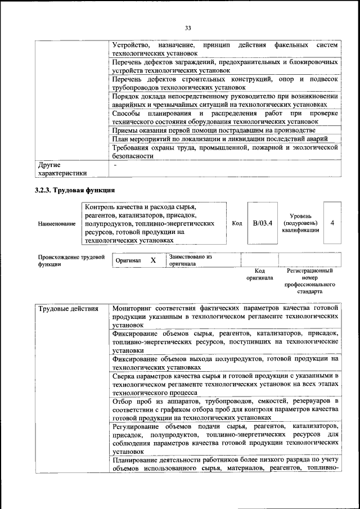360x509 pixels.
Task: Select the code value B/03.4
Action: point(263,223)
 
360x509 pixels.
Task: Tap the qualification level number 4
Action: point(332,223)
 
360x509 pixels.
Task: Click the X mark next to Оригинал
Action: point(152,260)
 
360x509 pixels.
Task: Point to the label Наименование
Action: point(57,224)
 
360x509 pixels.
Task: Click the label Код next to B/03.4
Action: point(237,223)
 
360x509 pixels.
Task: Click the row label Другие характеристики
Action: point(62,169)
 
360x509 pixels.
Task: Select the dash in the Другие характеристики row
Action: point(115,165)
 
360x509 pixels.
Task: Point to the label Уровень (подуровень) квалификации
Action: point(301,223)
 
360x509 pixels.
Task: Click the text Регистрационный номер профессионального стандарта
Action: point(309,281)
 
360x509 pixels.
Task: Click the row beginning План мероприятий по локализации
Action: point(224,139)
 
